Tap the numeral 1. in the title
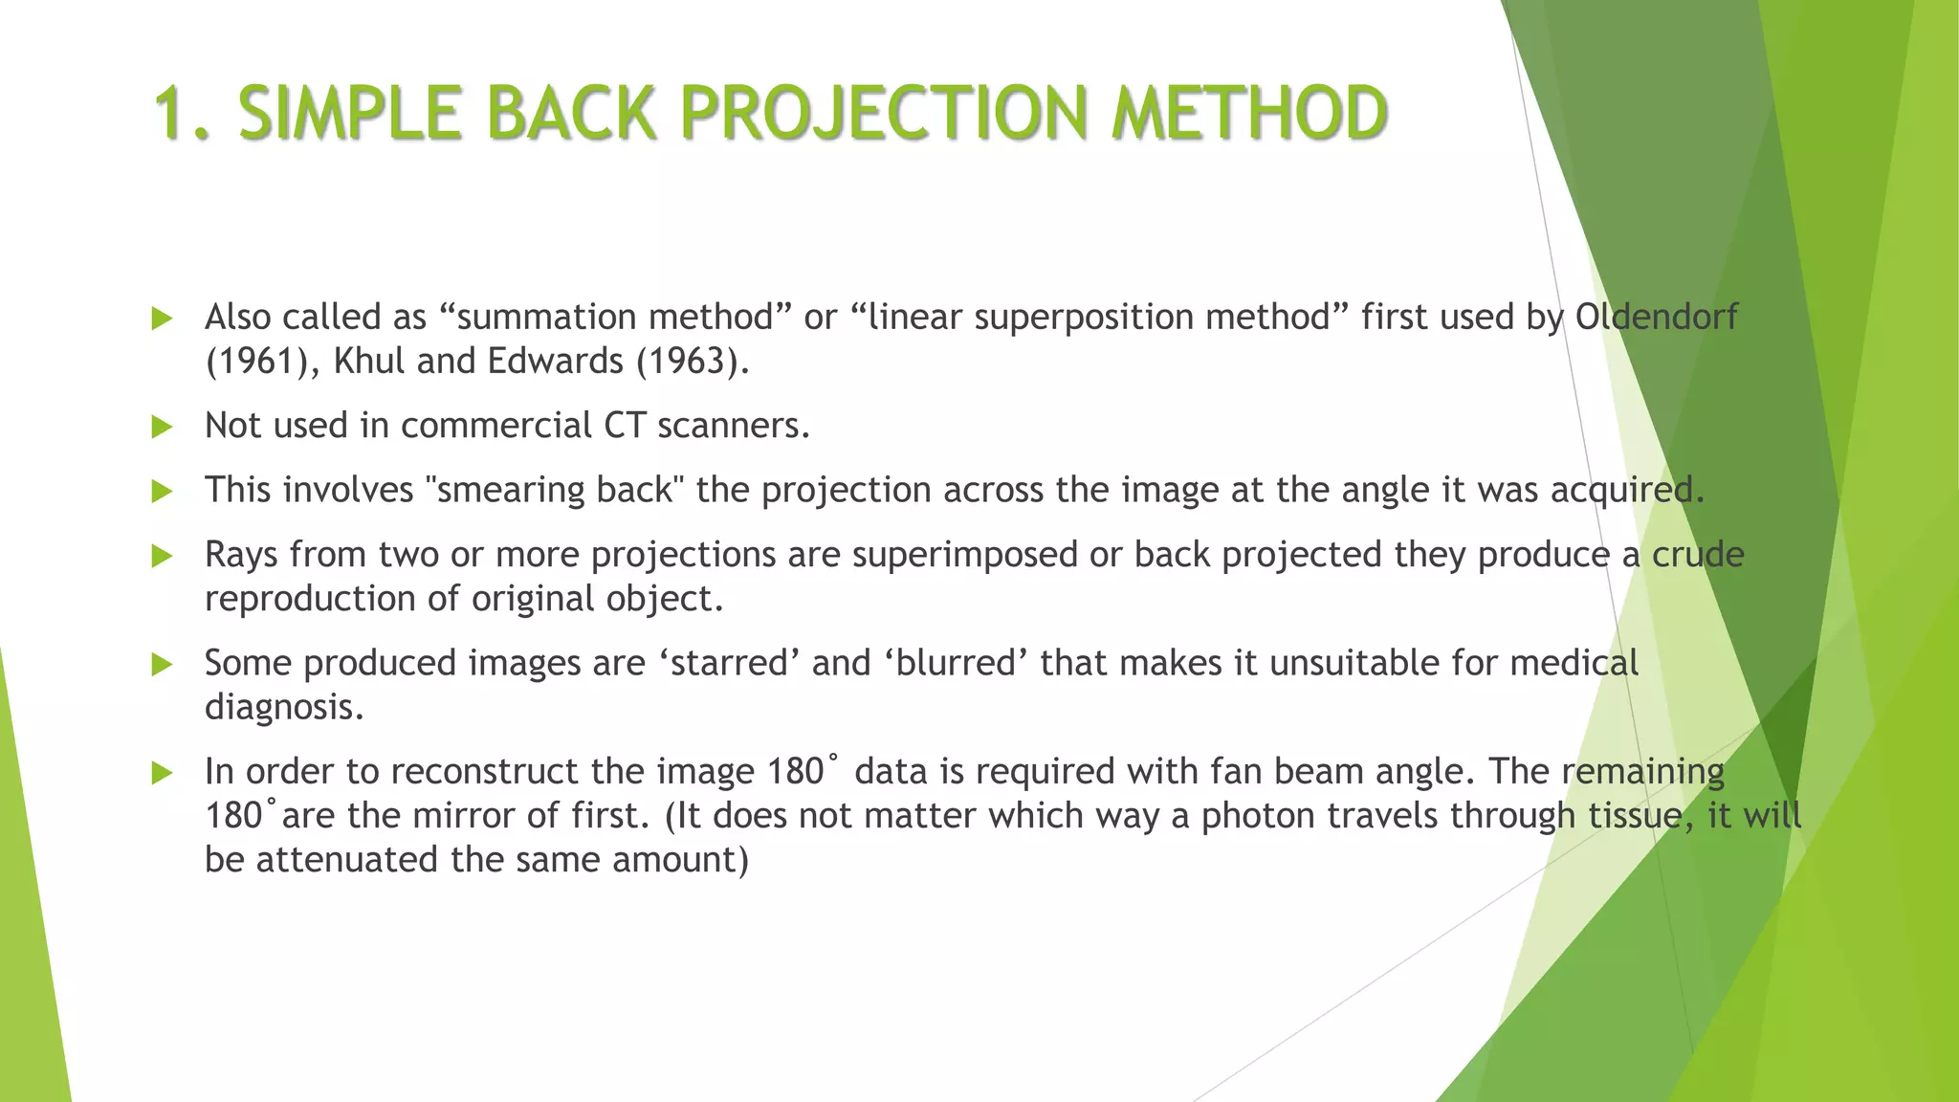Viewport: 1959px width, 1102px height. point(182,113)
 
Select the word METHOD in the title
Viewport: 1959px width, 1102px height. point(1249,113)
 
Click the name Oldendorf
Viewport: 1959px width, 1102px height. point(1656,317)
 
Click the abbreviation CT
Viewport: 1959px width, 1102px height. point(625,426)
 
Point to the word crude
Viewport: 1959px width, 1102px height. point(1698,555)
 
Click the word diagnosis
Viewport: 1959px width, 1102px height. point(284,708)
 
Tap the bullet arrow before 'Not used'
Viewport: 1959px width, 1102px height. point(163,427)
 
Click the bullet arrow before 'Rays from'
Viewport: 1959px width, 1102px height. point(163,556)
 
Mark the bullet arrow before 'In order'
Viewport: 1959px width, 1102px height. point(163,773)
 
